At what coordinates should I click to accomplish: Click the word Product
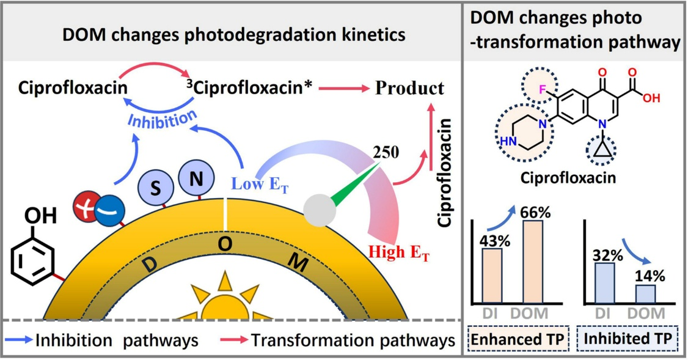tap(409, 89)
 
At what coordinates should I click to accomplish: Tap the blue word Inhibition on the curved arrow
tap(161, 118)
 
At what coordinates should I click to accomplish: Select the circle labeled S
tap(156, 188)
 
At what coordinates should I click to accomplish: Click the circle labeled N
tap(196, 179)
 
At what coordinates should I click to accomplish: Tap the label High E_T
tap(398, 252)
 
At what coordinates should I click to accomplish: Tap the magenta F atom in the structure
tap(541, 92)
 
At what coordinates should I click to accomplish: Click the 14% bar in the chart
tap(646, 293)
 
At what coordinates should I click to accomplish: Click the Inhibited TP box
tap(628, 338)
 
